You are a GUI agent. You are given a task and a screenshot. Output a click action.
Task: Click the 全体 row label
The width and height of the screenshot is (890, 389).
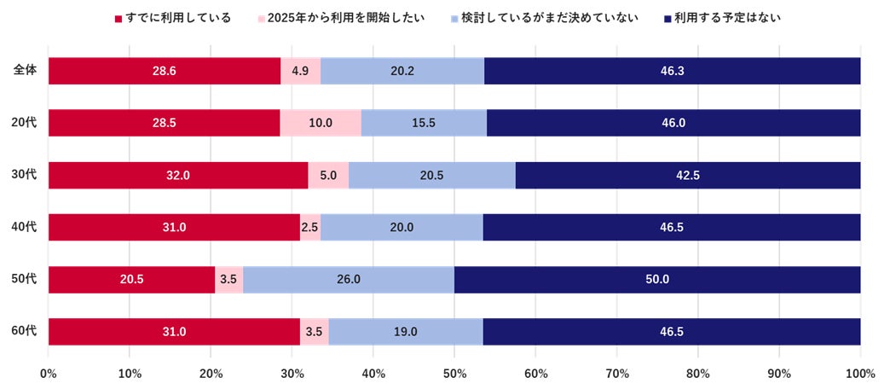[x=25, y=71]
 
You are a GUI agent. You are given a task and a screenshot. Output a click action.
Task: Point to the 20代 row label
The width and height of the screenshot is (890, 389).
[x=25, y=123]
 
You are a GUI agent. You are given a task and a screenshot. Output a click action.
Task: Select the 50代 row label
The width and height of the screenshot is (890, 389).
[x=25, y=279]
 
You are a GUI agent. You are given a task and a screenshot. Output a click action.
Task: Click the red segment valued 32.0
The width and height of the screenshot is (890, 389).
[x=178, y=175]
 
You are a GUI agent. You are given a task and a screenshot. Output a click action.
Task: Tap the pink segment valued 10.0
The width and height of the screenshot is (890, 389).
[x=321, y=123]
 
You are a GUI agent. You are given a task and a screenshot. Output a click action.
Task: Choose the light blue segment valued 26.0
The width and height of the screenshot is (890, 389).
[x=349, y=279]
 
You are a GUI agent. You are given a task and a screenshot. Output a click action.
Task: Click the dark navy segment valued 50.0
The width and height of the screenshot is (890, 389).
[x=657, y=279]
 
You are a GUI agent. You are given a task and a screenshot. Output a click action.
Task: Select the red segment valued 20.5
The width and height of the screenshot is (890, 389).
[x=131, y=279]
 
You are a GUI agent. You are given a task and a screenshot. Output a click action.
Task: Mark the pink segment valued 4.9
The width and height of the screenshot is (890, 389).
[x=300, y=71]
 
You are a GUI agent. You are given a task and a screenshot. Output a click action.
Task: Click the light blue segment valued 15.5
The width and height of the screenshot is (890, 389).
[x=424, y=123]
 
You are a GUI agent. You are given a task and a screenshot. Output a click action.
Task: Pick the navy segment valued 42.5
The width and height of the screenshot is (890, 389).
[x=688, y=175]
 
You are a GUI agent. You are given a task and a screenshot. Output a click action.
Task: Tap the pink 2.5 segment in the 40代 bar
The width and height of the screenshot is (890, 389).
[x=310, y=227]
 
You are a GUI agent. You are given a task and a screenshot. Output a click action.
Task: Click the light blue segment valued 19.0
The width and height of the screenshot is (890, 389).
[x=406, y=331]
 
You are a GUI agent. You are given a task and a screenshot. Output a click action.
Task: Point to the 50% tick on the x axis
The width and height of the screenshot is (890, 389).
[x=454, y=374]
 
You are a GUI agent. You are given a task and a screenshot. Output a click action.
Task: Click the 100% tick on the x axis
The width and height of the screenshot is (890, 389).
[x=860, y=374]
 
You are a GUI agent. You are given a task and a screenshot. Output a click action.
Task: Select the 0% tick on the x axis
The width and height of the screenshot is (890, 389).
[x=49, y=374]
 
